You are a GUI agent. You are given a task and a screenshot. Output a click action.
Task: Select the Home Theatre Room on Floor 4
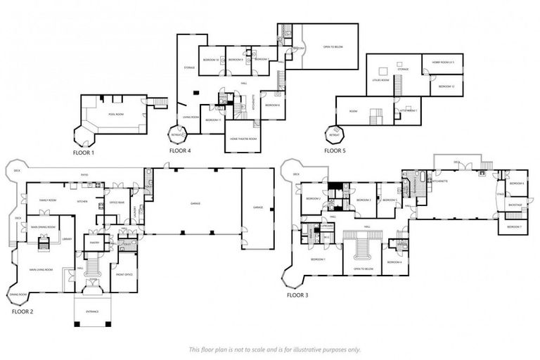click(243, 139)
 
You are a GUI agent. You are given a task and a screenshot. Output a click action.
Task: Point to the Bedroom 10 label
click(210, 60)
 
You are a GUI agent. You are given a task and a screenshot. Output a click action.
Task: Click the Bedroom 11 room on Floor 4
click(214, 120)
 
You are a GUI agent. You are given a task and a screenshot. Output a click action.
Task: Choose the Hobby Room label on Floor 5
click(443, 63)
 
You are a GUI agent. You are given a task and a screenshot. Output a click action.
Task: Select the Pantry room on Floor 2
click(96, 243)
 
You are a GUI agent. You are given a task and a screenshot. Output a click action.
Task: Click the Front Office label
click(125, 274)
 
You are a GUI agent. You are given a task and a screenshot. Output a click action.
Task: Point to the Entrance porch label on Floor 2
click(93, 311)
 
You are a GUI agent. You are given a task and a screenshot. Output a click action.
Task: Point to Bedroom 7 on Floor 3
click(514, 226)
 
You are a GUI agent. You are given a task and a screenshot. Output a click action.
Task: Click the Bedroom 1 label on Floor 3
click(319, 260)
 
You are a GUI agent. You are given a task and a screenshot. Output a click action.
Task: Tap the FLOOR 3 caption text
click(297, 295)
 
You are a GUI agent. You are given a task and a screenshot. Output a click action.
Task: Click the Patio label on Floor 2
click(83, 174)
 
